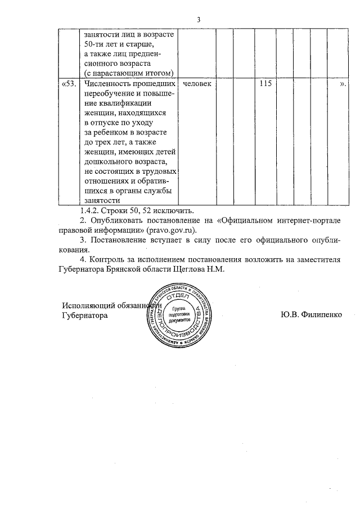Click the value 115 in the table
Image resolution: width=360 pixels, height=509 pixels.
(264, 84)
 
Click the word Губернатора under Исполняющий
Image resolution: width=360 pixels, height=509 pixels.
(84, 316)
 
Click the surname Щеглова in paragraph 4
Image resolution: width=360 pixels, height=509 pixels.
(196, 269)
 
